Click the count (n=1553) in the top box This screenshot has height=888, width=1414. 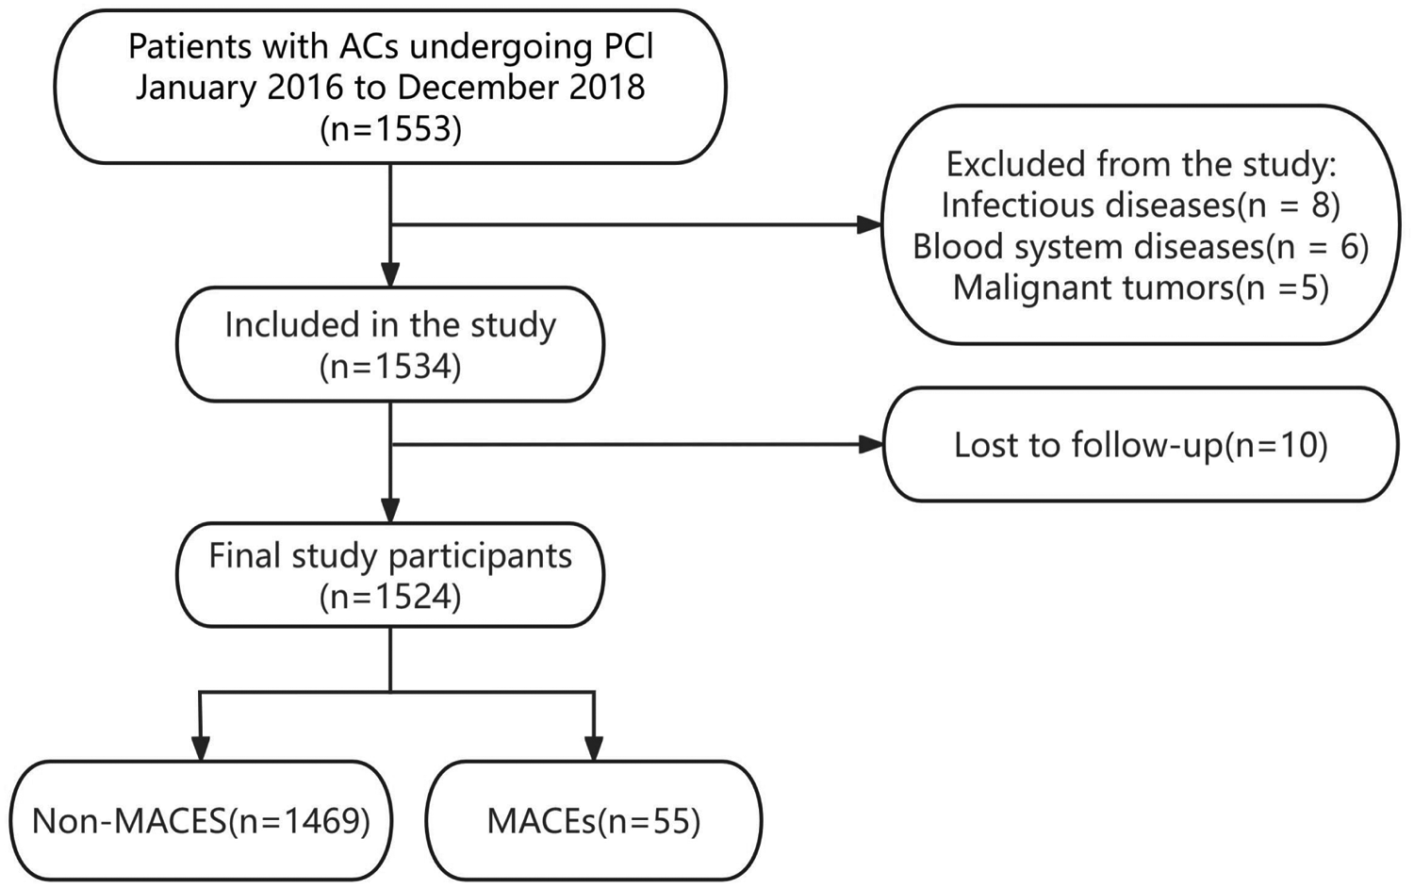tap(390, 129)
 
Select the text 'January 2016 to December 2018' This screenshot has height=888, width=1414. tap(390, 88)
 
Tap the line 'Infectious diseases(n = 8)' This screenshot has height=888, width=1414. tap(1141, 205)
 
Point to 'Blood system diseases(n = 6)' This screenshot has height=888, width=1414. tap(1141, 246)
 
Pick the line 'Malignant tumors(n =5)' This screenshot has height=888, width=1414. tap(1141, 288)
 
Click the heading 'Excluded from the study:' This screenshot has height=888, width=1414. tap(1141, 164)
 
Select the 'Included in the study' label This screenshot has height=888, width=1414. tap(390, 325)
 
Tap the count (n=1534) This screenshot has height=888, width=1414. tap(390, 367)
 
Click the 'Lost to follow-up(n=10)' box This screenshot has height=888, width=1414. tap(1141, 444)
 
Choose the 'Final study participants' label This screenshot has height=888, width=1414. tap(390, 555)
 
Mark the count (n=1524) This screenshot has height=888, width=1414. tap(390, 597)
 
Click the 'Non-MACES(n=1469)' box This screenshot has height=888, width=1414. tap(201, 821)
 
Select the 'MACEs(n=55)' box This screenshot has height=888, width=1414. tap(594, 821)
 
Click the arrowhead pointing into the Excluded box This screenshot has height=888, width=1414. tap(869, 224)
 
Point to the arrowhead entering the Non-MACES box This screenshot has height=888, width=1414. tap(200, 748)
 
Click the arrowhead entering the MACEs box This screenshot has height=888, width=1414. tap(594, 748)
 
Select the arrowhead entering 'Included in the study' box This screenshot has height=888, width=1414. tap(390, 274)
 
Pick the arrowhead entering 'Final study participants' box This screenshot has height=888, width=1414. tap(390, 510)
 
